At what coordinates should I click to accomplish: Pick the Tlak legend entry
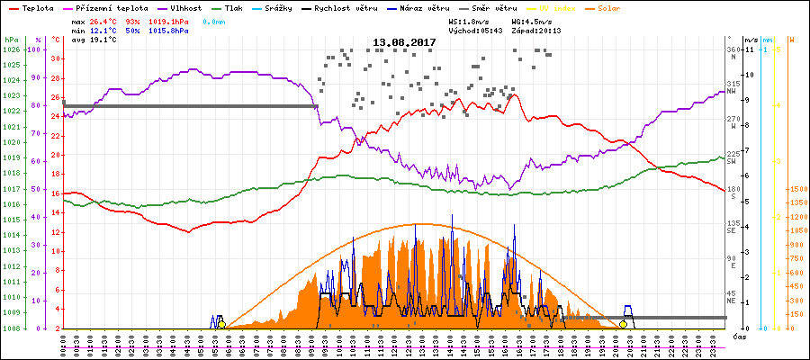[x=232, y=8]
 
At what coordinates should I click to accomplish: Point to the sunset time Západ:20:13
[x=537, y=30]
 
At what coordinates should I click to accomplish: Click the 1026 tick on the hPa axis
[x=11, y=49]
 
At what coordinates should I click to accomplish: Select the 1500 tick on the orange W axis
[x=794, y=190]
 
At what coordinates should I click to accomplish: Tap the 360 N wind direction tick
[x=733, y=52]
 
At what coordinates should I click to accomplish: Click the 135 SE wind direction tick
[x=733, y=225]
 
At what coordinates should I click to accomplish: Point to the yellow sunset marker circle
[x=623, y=324]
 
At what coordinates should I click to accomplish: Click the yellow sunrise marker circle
[x=221, y=324]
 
